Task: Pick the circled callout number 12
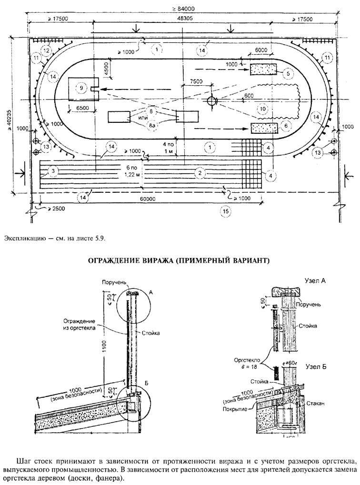tap(48, 49)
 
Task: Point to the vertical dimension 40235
tap(18, 114)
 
